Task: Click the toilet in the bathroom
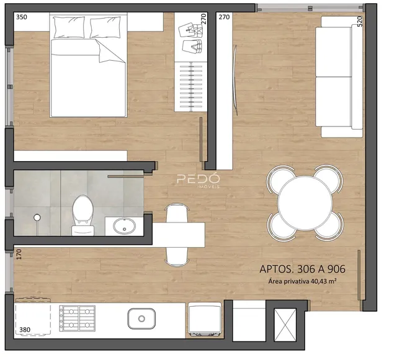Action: [83, 215]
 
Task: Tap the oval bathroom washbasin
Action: [124, 226]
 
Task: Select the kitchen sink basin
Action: [141, 318]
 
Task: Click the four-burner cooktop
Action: [77, 318]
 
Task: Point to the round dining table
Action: [305, 203]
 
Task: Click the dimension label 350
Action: [22, 17]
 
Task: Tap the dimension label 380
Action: [25, 330]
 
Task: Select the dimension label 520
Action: [360, 21]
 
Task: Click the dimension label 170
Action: [19, 255]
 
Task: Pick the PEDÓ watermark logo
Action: [198, 180]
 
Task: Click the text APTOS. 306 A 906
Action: [302, 269]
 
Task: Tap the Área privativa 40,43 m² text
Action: [302, 281]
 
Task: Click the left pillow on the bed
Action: [69, 27]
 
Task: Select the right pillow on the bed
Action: [105, 27]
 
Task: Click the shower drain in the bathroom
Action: [37, 217]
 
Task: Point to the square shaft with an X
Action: [285, 325]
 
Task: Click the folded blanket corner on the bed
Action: [110, 51]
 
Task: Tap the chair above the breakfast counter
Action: [177, 213]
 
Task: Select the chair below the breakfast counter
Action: [177, 257]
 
